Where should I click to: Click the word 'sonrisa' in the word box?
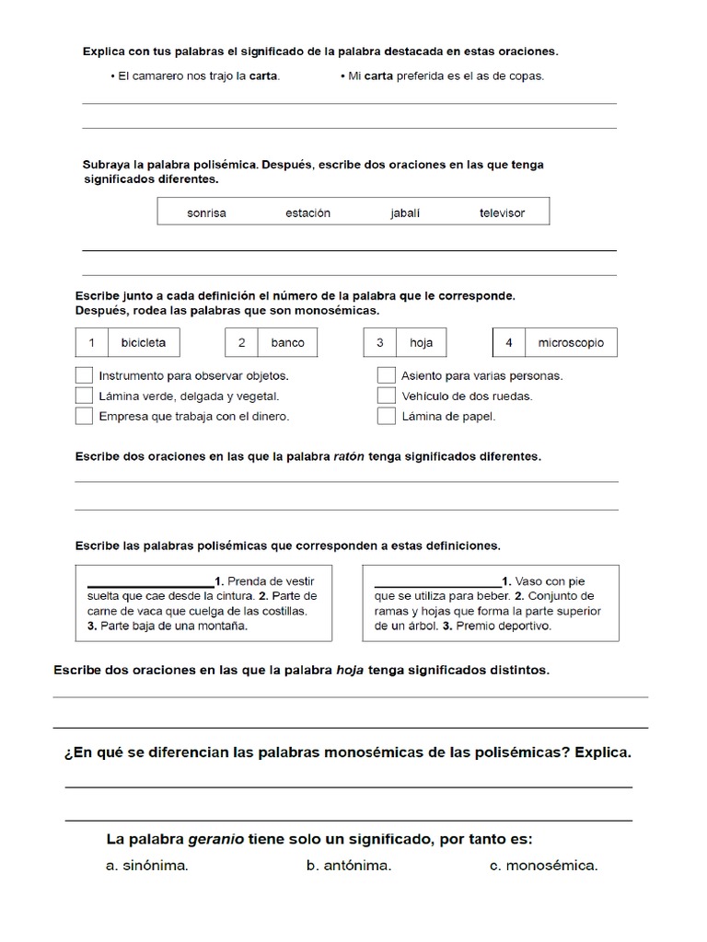click(x=206, y=213)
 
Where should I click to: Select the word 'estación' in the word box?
click(x=307, y=213)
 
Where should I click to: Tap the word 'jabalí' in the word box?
click(x=405, y=213)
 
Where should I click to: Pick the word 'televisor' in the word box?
click(x=502, y=213)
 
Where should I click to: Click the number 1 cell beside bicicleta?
click(x=91, y=342)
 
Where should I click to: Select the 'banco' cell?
click(x=287, y=342)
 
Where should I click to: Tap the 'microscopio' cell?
click(x=571, y=342)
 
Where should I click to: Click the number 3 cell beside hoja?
click(x=379, y=342)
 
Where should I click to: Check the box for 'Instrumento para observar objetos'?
click(x=84, y=375)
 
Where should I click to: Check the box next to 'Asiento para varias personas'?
click(x=387, y=375)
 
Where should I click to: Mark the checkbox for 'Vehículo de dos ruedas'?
click(x=387, y=396)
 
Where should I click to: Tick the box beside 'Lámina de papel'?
click(x=387, y=416)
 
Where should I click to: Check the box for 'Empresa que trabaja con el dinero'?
click(x=84, y=416)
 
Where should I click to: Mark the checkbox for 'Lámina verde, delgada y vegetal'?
click(x=84, y=396)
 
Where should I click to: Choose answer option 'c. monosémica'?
click(x=543, y=866)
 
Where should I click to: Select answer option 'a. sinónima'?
click(x=147, y=866)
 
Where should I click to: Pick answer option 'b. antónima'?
click(x=349, y=866)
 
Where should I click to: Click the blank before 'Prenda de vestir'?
click(x=150, y=582)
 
